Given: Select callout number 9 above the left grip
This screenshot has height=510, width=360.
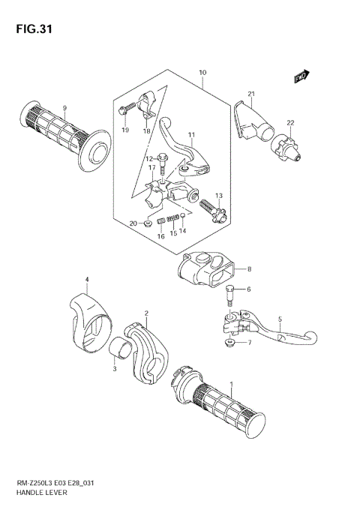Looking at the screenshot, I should point(64,109).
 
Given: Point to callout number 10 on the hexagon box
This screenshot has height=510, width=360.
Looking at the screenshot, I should point(202,73).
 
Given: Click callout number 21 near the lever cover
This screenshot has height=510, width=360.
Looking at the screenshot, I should point(252,94).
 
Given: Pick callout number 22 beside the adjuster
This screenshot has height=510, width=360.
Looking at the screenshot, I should point(289,123).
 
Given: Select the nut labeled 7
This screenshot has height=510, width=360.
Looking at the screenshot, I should point(229,343).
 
